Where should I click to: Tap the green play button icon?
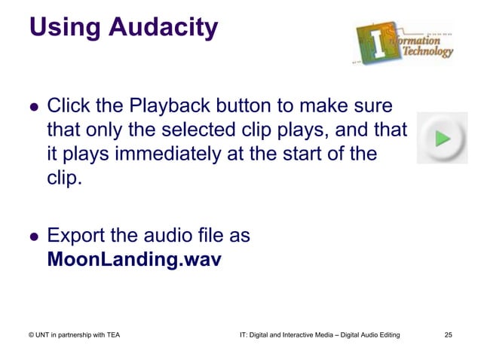[442, 138]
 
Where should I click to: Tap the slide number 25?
[449, 334]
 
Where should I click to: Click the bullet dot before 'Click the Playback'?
[33, 106]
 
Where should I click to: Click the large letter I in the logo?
[375, 41]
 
